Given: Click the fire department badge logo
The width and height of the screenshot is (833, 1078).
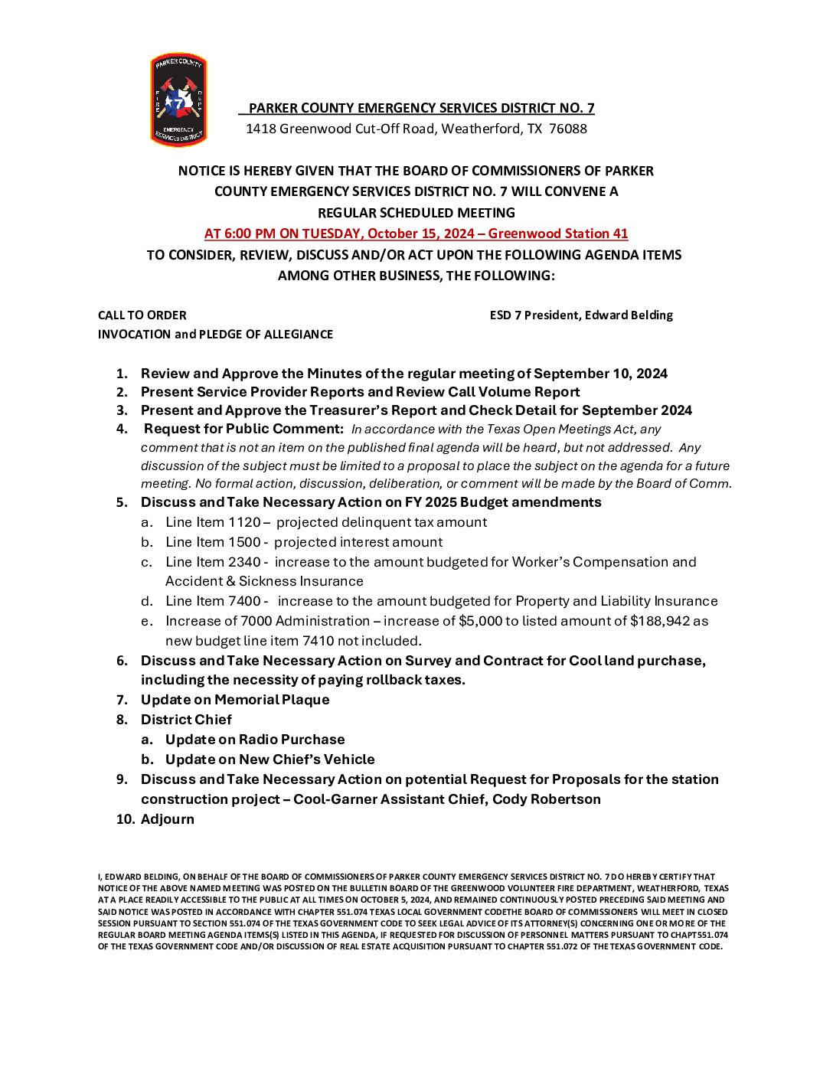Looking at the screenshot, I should click(x=178, y=100).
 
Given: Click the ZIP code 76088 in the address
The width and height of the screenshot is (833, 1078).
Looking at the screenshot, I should click(x=568, y=129).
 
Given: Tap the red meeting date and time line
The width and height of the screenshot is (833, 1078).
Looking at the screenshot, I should click(x=416, y=234).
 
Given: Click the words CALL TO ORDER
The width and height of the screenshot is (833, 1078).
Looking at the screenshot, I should click(x=142, y=315).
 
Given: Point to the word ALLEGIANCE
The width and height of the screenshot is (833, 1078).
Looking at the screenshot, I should click(x=299, y=334).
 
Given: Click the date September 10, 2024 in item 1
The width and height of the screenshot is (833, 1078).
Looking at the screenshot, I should click(x=600, y=374).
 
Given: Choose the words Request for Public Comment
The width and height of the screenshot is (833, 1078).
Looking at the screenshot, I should click(x=243, y=429).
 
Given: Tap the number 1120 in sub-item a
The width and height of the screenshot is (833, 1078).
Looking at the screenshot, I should click(x=244, y=522).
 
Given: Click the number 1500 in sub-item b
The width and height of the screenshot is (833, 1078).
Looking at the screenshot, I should click(x=244, y=542).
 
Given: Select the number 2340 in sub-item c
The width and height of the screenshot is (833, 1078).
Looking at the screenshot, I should click(x=244, y=562).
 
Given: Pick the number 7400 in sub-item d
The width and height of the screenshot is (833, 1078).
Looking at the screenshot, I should click(x=244, y=601).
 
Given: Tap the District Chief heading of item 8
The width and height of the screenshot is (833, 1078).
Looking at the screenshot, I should click(x=186, y=720).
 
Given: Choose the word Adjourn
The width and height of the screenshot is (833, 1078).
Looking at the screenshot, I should click(x=168, y=819).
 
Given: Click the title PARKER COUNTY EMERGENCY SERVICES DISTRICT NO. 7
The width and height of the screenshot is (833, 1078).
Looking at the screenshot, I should click(x=421, y=108).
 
